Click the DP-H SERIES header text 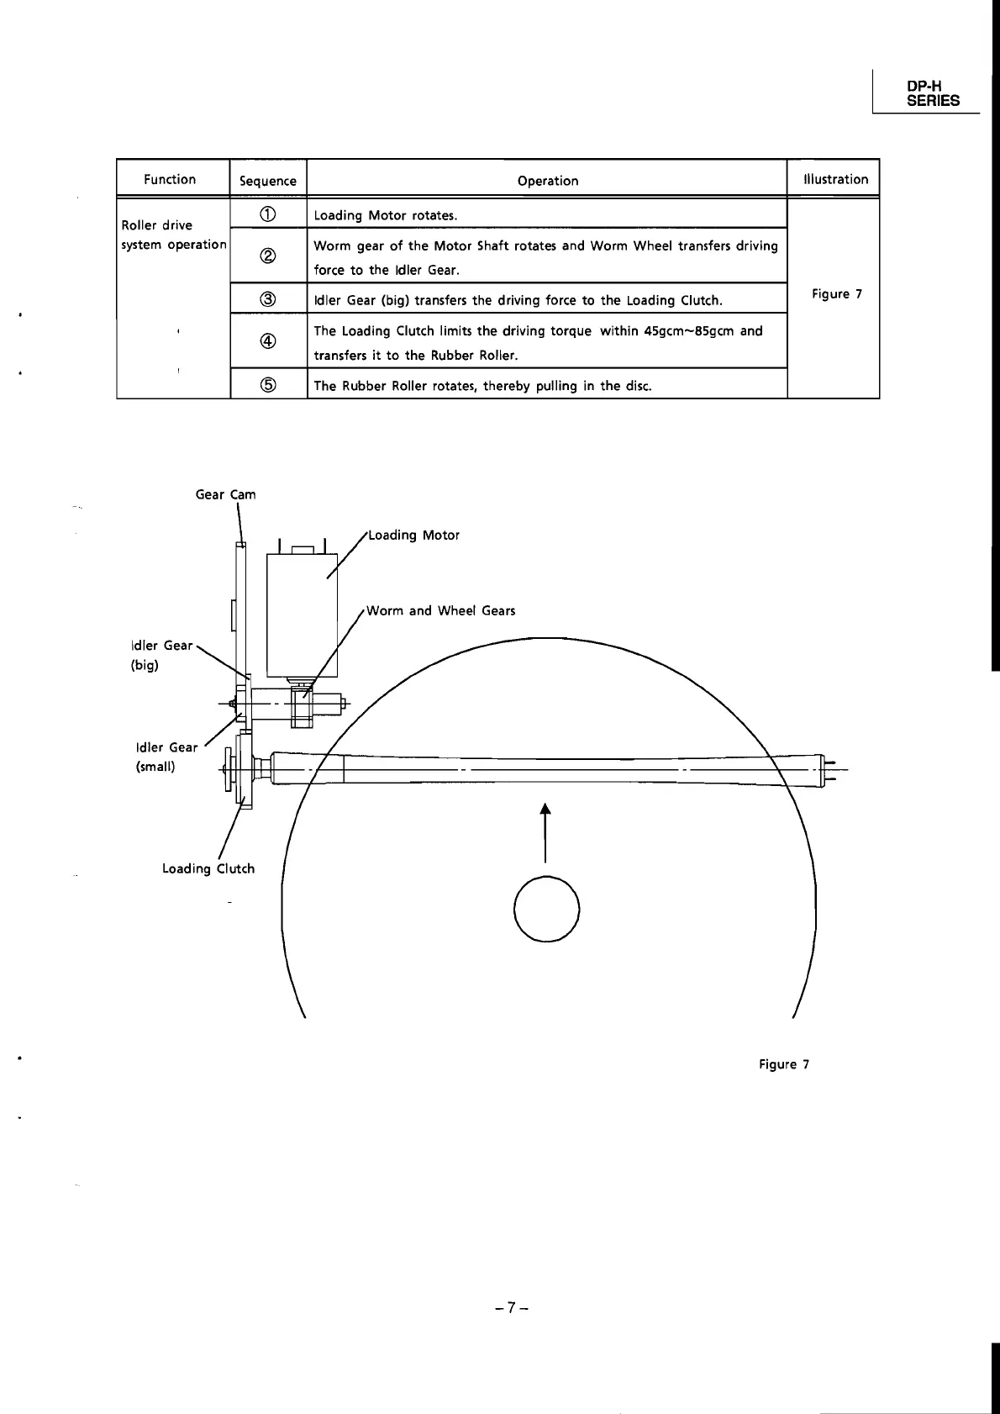pyautogui.click(x=933, y=93)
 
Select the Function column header pyautogui.click(x=170, y=179)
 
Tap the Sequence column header pyautogui.click(x=268, y=181)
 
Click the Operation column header pyautogui.click(x=548, y=181)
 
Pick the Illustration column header pyautogui.click(x=835, y=179)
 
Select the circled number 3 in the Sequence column pyautogui.click(x=267, y=299)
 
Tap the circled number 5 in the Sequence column pyautogui.click(x=267, y=385)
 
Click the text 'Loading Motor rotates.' pyautogui.click(x=386, y=215)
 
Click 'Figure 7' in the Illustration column pyautogui.click(x=836, y=294)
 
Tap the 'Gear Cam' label pyautogui.click(x=225, y=494)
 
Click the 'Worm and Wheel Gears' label pyautogui.click(x=441, y=611)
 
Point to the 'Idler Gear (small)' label pyautogui.click(x=166, y=757)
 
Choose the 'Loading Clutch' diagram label pyautogui.click(x=208, y=868)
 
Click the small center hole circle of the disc pyautogui.click(x=546, y=909)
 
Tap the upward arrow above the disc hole pyautogui.click(x=546, y=832)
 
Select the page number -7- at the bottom pyautogui.click(x=510, y=1307)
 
